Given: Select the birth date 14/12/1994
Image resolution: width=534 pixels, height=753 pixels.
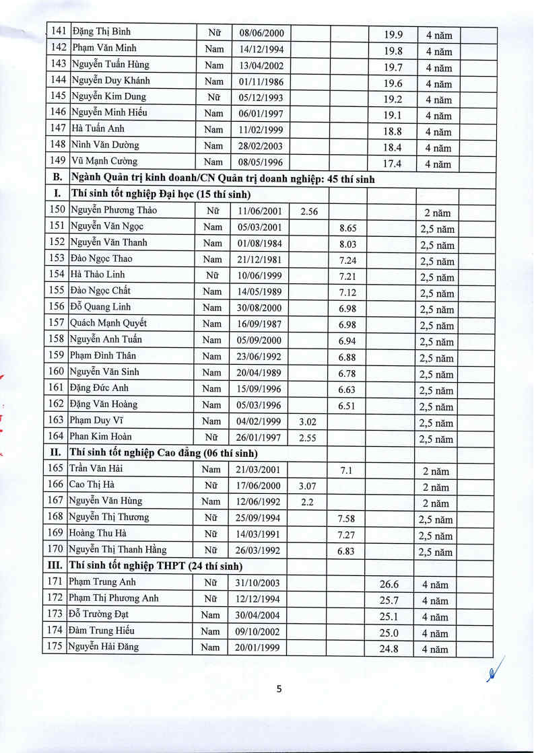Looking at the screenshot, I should click(x=261, y=49).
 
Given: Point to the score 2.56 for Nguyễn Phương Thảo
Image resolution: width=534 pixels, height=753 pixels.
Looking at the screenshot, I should click(x=309, y=212).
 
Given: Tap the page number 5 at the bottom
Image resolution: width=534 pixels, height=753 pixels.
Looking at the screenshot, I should click(x=279, y=688).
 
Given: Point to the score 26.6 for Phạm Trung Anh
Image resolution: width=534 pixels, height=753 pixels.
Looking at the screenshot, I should click(x=389, y=585).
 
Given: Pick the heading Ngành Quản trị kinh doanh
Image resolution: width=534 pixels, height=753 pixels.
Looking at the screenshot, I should click(x=222, y=179).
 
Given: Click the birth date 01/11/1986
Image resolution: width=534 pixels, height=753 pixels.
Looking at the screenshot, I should click(x=261, y=81).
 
